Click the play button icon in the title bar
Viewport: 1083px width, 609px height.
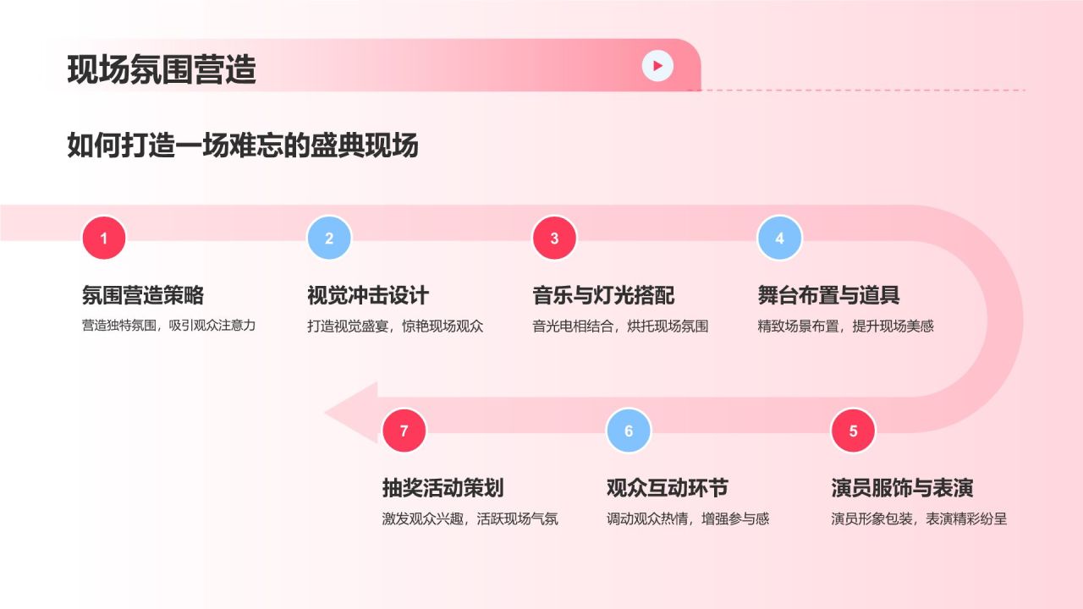(x=657, y=65)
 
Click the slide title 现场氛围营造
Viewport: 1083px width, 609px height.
(x=162, y=69)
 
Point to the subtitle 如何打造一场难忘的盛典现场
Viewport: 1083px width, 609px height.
(x=243, y=145)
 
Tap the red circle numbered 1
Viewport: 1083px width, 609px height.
(x=104, y=239)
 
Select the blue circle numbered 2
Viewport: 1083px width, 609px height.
(x=329, y=239)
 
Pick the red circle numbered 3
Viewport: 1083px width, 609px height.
(x=554, y=239)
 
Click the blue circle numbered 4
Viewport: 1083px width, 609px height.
(x=779, y=239)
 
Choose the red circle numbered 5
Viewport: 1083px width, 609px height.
(x=853, y=431)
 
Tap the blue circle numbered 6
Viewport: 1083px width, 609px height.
(x=629, y=431)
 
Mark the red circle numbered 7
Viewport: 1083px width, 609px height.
(x=404, y=431)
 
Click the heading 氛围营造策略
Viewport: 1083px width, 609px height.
(x=143, y=295)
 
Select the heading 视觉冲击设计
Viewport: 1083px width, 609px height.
(x=368, y=295)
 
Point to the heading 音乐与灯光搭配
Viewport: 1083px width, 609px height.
(x=603, y=295)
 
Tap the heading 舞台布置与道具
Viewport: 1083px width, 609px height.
(x=828, y=295)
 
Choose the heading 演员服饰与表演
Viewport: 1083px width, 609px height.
(x=902, y=488)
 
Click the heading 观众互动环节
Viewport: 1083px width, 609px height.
(x=668, y=488)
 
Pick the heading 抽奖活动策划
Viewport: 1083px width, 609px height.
(x=443, y=488)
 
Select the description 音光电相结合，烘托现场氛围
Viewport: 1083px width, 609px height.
(x=620, y=326)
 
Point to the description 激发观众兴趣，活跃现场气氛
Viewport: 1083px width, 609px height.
(x=470, y=519)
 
